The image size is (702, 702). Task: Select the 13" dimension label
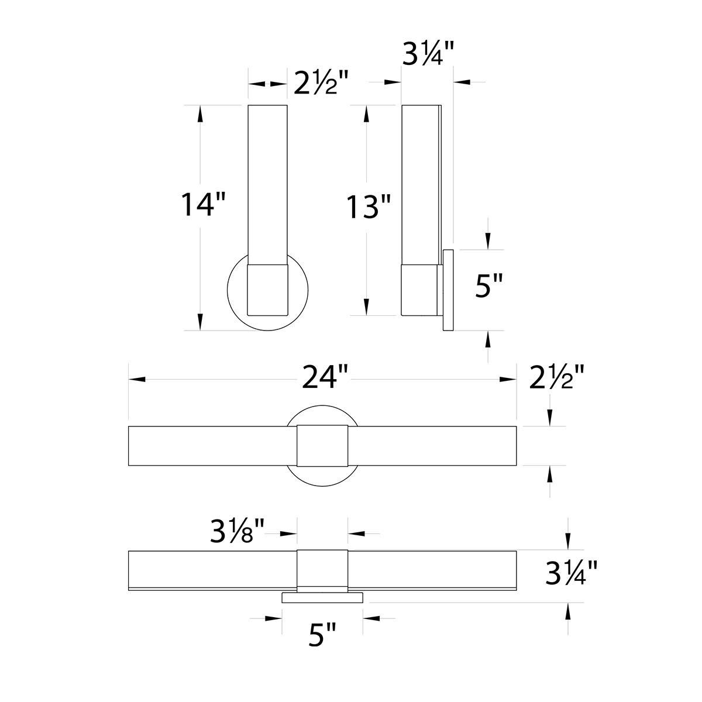(x=369, y=207)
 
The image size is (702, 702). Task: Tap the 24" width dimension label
(x=326, y=377)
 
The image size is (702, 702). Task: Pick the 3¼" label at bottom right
(x=572, y=573)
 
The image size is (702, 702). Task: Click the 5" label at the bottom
(x=322, y=635)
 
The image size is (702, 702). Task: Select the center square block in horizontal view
(x=322, y=446)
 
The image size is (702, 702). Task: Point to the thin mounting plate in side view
(x=449, y=291)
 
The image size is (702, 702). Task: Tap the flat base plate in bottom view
(x=322, y=597)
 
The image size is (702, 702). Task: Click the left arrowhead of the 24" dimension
(x=136, y=380)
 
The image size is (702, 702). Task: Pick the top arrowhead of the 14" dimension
(x=201, y=113)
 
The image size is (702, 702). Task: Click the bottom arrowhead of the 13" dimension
(x=367, y=308)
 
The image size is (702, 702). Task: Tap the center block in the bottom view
(x=322, y=569)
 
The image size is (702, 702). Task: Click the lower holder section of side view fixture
(x=419, y=290)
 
